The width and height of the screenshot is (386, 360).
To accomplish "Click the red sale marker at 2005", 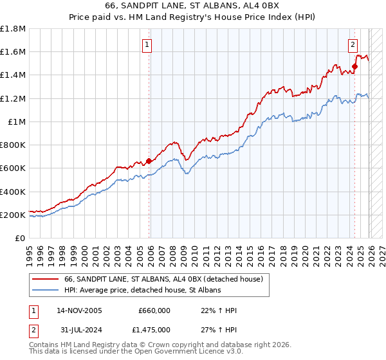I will (149, 161).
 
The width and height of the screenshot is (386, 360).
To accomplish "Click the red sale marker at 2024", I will (354, 66).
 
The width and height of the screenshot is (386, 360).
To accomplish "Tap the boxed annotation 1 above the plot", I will (148, 44).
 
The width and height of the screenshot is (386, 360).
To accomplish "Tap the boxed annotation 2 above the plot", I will (353, 44).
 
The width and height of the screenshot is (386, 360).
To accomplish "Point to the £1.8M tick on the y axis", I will (13, 29).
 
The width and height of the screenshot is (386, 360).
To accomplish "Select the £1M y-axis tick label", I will (17, 122).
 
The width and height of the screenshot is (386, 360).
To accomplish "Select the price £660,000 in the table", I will (154, 310).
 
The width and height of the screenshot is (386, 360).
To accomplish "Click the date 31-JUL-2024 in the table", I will (78, 330).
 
